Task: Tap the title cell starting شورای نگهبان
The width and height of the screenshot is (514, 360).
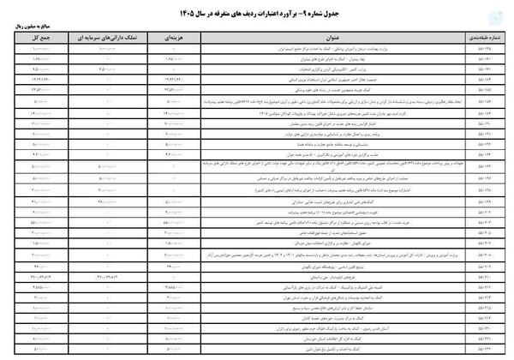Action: pos(377,255)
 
